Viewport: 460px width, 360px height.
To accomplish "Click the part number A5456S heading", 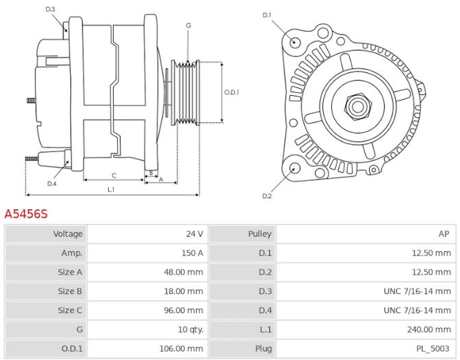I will coord(26,214).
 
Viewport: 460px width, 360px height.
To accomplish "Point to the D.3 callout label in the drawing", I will coord(50,9).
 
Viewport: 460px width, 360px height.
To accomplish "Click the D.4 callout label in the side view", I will coord(52,184).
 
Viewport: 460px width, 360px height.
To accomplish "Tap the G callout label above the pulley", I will coord(188,25).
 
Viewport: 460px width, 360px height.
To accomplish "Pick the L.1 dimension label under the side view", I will coord(111,189).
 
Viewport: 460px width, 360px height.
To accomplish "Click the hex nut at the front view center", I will coord(357,106).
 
